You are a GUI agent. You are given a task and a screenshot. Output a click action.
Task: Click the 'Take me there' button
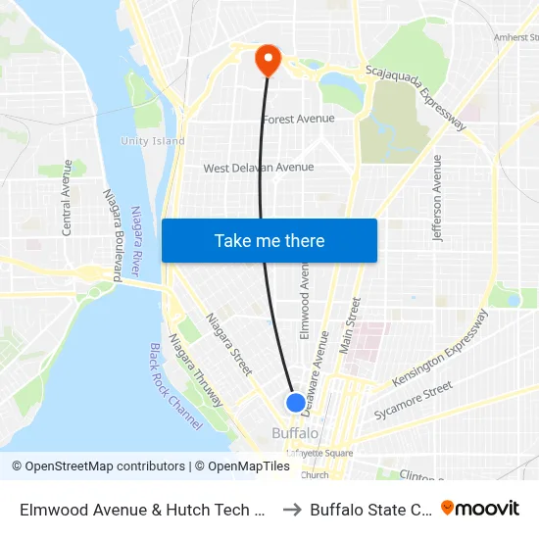pyautogui.click(x=269, y=241)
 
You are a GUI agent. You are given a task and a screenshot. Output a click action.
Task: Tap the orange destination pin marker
pyautogui.click(x=267, y=60)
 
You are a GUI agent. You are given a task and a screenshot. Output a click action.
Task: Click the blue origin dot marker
pyautogui.click(x=295, y=403)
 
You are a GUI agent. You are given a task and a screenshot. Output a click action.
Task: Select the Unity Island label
pyautogui.click(x=152, y=141)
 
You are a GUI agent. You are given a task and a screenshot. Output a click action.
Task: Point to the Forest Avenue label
pyautogui.click(x=299, y=119)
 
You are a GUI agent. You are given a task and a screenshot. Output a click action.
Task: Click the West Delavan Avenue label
pyautogui.click(x=259, y=168)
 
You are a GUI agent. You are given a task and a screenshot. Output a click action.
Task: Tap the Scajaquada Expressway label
pyautogui.click(x=416, y=98)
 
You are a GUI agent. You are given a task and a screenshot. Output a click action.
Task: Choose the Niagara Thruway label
pyautogui.click(x=195, y=370)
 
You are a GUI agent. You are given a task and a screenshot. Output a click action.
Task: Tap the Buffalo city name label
pyautogui.click(x=295, y=433)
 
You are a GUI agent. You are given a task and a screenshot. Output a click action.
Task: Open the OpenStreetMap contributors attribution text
pyautogui.click(x=99, y=466)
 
